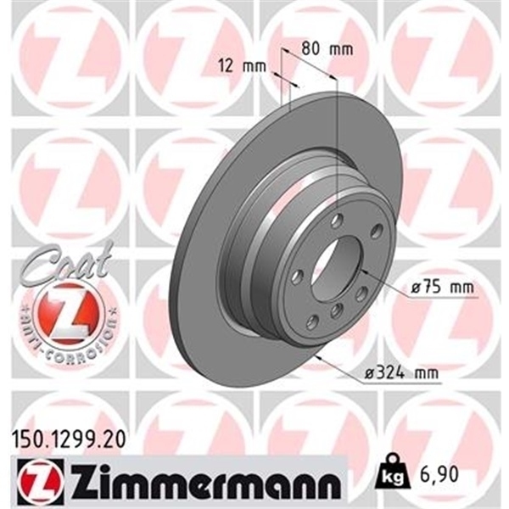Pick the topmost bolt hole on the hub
pos(338,221)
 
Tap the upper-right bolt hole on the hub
pos(376,231)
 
